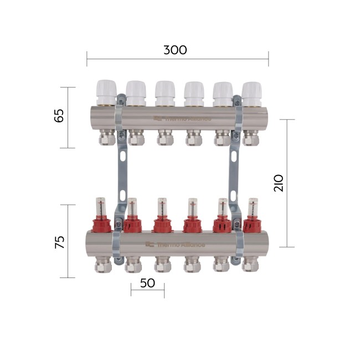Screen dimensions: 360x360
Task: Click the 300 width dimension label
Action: click(x=175, y=50)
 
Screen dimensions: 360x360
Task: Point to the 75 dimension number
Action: click(x=59, y=241)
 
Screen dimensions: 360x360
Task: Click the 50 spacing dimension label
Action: click(x=147, y=282)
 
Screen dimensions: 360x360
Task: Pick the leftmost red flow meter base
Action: click(x=103, y=224)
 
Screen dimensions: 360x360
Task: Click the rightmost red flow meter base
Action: click(x=253, y=225)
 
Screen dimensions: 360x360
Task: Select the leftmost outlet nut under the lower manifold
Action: click(x=103, y=266)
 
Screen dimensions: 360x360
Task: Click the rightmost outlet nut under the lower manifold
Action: click(x=251, y=266)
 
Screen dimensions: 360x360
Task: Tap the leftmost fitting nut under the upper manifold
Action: click(x=106, y=138)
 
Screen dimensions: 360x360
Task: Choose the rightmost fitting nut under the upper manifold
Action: click(x=252, y=138)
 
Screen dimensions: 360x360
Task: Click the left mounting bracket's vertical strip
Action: click(x=121, y=177)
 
